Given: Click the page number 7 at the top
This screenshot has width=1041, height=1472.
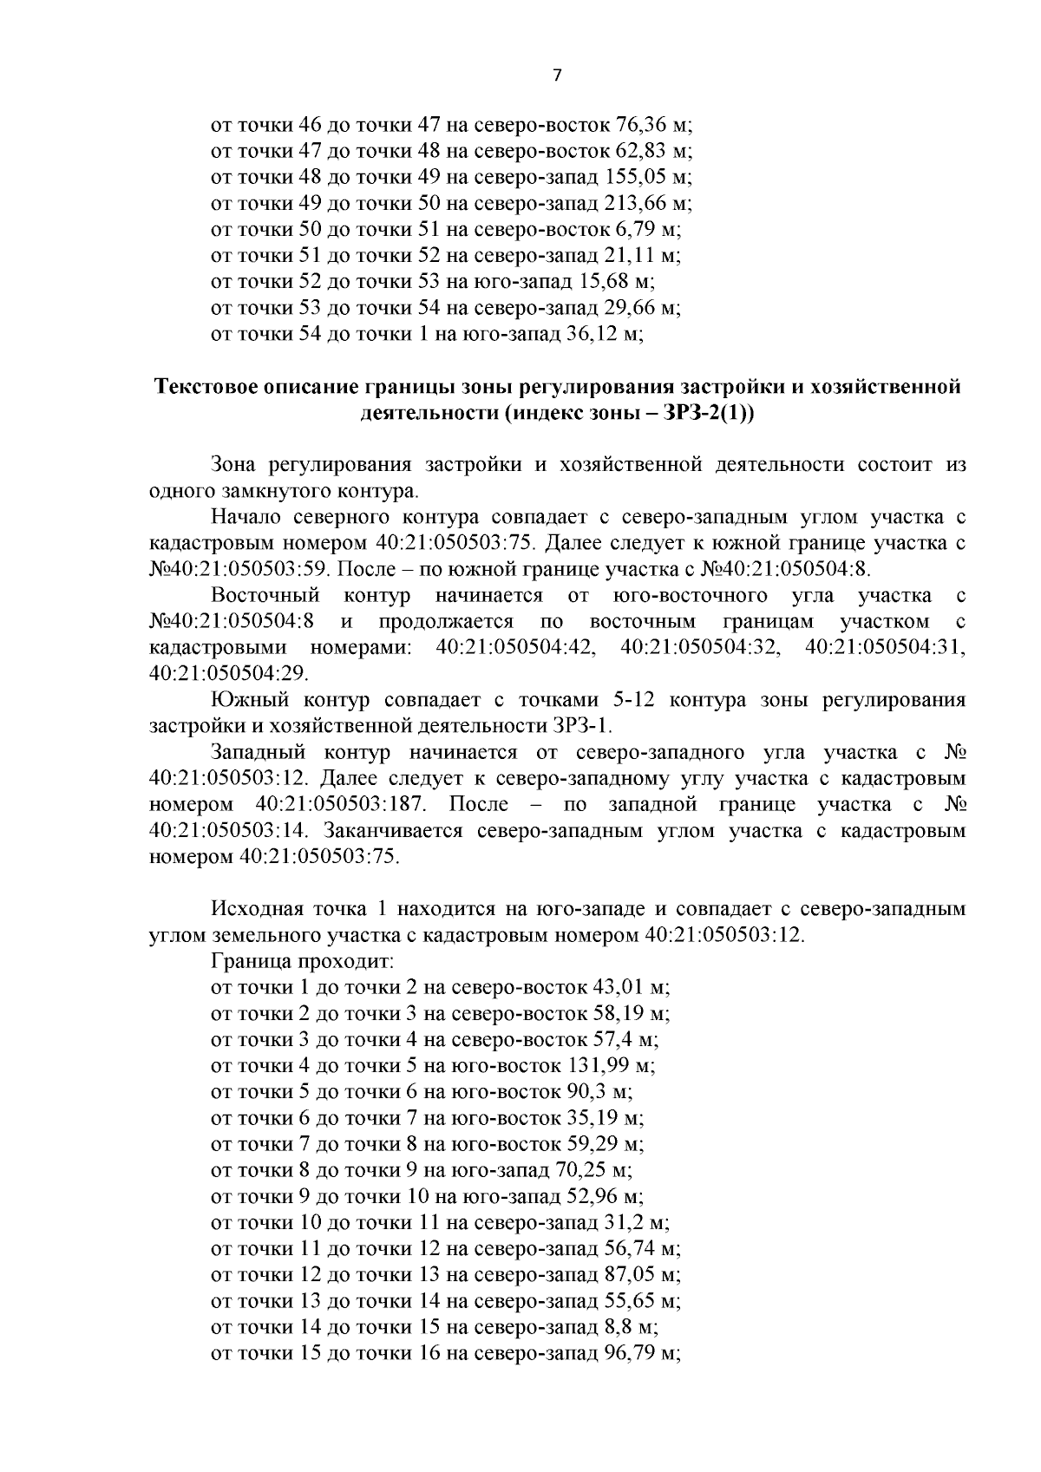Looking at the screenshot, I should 557,75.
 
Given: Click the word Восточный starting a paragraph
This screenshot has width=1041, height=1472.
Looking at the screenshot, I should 265,596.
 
